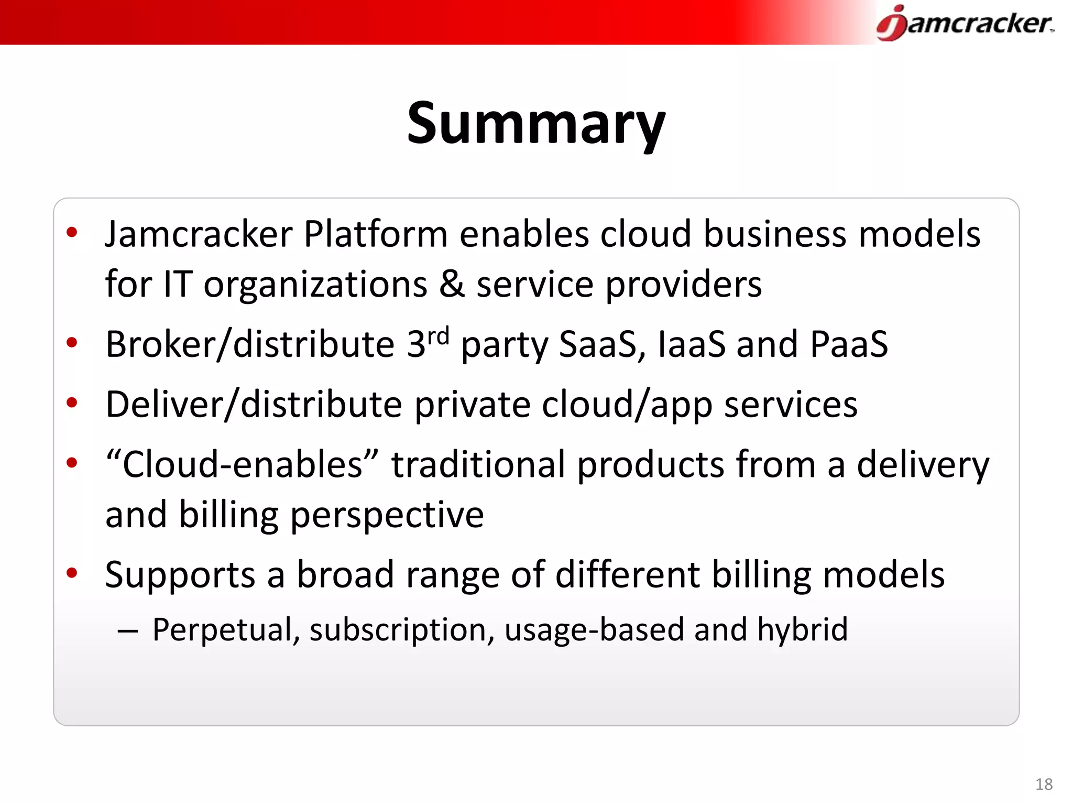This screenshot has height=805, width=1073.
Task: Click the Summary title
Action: click(x=536, y=124)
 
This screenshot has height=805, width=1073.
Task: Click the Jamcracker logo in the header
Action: click(x=965, y=24)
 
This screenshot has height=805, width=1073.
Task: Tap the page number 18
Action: click(x=1044, y=784)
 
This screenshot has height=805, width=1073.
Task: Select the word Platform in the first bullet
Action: click(x=375, y=234)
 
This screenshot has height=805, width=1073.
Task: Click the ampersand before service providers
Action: click(x=452, y=284)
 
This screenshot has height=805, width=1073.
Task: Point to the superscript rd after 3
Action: click(x=439, y=335)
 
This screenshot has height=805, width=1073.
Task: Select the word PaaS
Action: click(x=849, y=345)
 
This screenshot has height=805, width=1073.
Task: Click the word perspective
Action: click(x=387, y=515)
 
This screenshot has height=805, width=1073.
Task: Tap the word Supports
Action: click(x=180, y=575)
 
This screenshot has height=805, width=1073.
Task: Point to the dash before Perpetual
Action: click(x=127, y=631)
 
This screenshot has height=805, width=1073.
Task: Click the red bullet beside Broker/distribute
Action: click(x=72, y=343)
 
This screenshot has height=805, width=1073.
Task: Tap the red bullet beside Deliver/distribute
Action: click(x=72, y=402)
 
